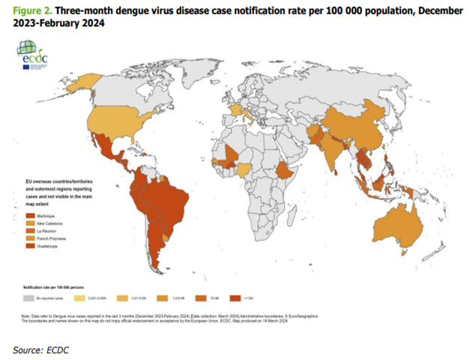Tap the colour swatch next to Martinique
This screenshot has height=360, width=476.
point(28,216)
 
